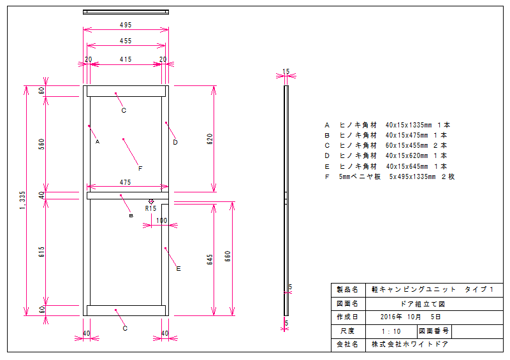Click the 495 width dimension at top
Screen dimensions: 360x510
(126, 25)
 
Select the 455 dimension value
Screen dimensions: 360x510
(126, 41)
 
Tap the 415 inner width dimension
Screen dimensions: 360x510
(126, 59)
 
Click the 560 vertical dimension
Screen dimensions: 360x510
(41, 144)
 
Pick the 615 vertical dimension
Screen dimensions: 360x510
(41, 251)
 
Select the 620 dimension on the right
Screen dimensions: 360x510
(210, 139)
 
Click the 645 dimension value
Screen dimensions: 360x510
(210, 259)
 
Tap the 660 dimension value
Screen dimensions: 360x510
(228, 257)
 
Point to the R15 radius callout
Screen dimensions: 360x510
(150, 208)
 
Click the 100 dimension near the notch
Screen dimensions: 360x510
(161, 220)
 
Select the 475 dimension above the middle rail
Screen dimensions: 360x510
(126, 182)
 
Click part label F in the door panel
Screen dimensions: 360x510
(140, 168)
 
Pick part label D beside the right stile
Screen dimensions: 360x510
(175, 142)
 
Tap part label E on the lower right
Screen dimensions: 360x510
(178, 269)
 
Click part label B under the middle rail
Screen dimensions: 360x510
(131, 216)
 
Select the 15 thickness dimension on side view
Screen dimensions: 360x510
(286, 71)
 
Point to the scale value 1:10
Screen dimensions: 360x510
(390, 331)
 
